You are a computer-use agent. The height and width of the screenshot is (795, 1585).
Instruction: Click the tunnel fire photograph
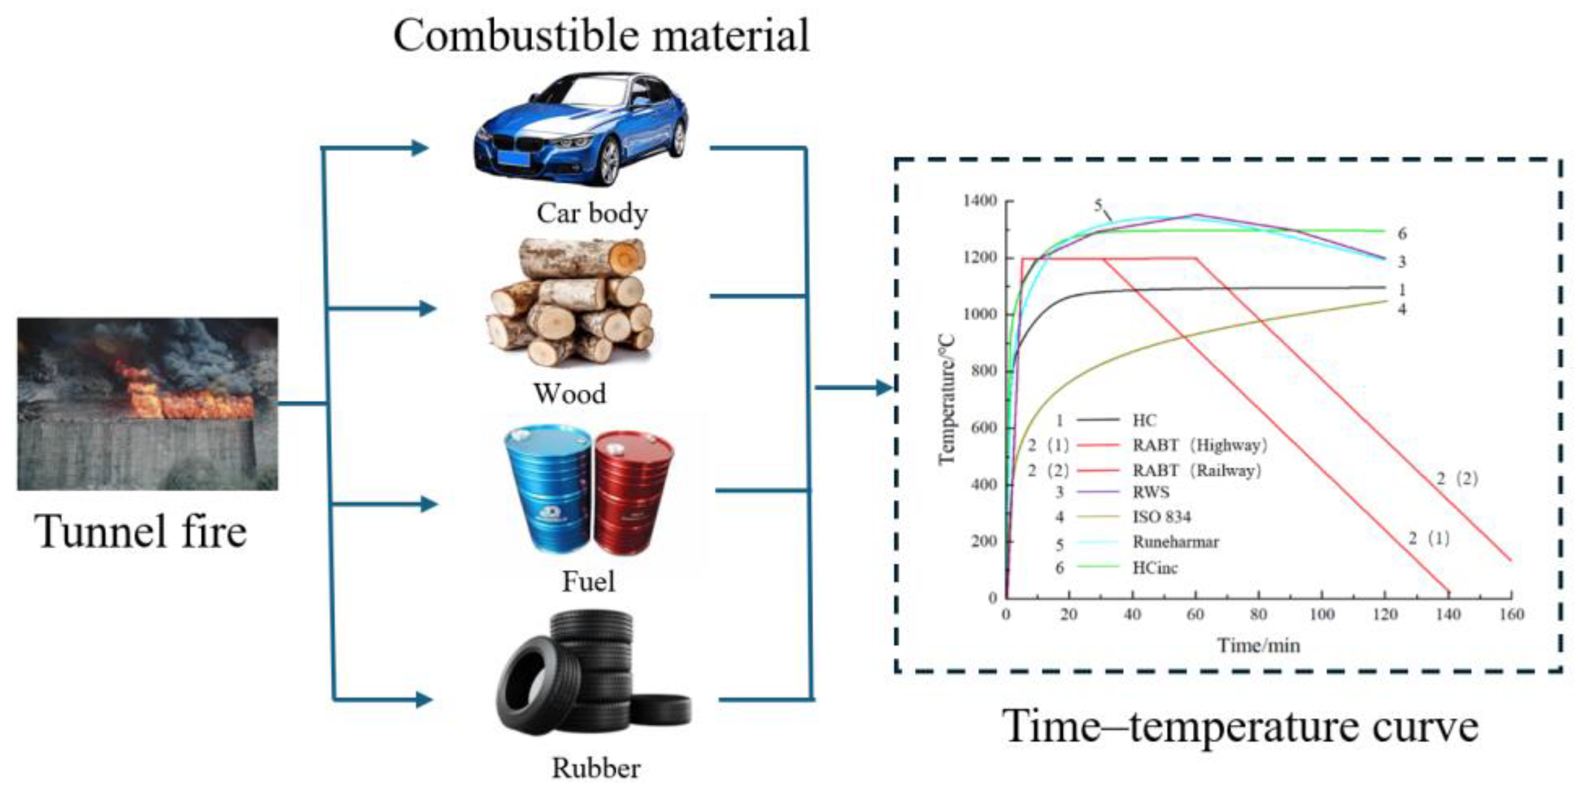(x=148, y=403)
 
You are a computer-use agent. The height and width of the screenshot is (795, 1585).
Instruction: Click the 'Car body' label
(x=592, y=213)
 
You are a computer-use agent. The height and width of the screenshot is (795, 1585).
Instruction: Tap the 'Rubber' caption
(x=596, y=768)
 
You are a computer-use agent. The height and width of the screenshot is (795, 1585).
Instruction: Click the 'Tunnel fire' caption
(x=140, y=531)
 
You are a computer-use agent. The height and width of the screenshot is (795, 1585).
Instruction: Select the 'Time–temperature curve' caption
(x=1240, y=727)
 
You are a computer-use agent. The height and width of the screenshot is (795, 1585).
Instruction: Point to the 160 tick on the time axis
(x=1511, y=614)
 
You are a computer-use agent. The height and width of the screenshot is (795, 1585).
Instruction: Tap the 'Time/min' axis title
(x=1258, y=645)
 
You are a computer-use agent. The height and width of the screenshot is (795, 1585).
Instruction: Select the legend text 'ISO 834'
(x=1162, y=517)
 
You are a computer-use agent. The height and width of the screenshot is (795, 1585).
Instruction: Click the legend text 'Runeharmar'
(x=1175, y=542)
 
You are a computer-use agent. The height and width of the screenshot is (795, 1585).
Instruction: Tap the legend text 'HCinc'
(x=1155, y=567)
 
